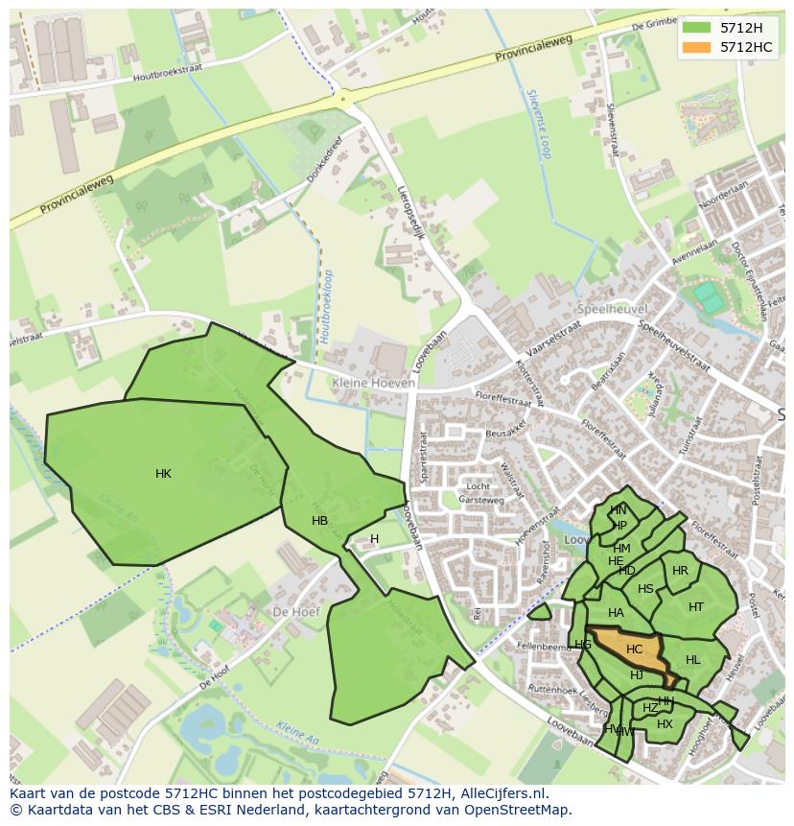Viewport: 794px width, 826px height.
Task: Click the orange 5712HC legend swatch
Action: [x=696, y=47]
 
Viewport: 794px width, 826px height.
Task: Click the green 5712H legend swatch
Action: [x=696, y=28]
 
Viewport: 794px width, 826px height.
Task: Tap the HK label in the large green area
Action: [x=163, y=474]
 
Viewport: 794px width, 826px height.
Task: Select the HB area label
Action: [x=319, y=521]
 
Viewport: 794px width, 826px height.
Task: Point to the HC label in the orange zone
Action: [x=634, y=649]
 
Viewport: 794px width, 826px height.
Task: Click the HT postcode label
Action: [x=696, y=606]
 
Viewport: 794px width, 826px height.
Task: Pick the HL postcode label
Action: [x=693, y=660]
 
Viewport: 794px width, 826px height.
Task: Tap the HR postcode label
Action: [x=680, y=571]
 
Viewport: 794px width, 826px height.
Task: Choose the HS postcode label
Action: [x=645, y=589]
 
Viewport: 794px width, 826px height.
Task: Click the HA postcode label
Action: [x=616, y=613]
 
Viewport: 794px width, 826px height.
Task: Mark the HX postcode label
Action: [x=665, y=724]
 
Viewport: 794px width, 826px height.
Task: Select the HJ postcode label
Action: [x=636, y=675]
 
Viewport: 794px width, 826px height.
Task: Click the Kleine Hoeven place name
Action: [x=373, y=383]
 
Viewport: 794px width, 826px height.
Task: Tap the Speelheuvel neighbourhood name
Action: [x=612, y=310]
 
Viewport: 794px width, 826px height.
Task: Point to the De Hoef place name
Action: [x=294, y=611]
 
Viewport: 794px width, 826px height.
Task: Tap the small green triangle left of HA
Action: [x=539, y=611]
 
